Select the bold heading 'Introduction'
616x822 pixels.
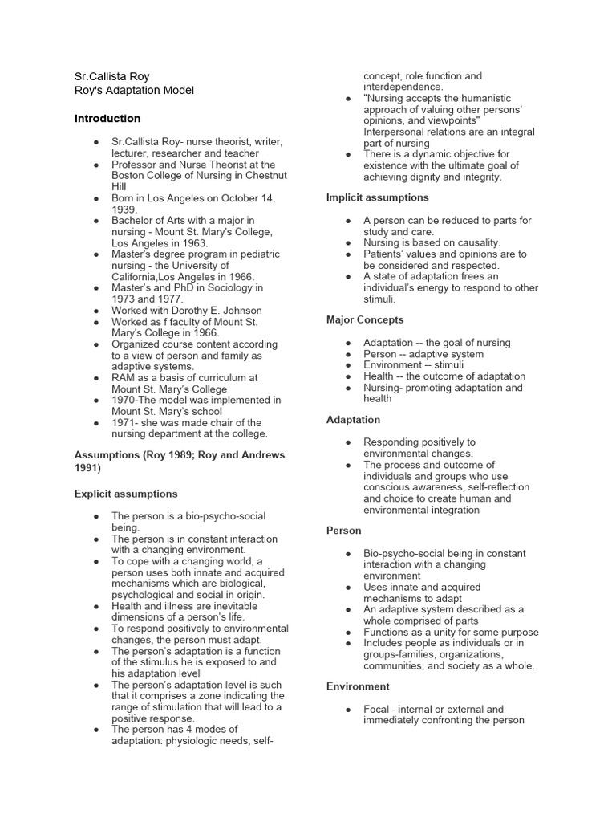tap(107, 119)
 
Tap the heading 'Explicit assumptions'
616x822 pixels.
tap(126, 494)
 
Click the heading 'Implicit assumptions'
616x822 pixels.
tap(377, 197)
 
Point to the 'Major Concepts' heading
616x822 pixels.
tap(365, 319)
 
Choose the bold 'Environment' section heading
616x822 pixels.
tap(358, 686)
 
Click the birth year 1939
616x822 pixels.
tap(124, 210)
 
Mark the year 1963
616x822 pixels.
tap(192, 243)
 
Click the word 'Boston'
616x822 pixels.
tap(129, 175)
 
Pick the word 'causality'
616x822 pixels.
tap(473, 242)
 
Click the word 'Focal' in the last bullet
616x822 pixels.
tap(379, 709)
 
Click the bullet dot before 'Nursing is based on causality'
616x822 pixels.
tap(346, 242)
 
